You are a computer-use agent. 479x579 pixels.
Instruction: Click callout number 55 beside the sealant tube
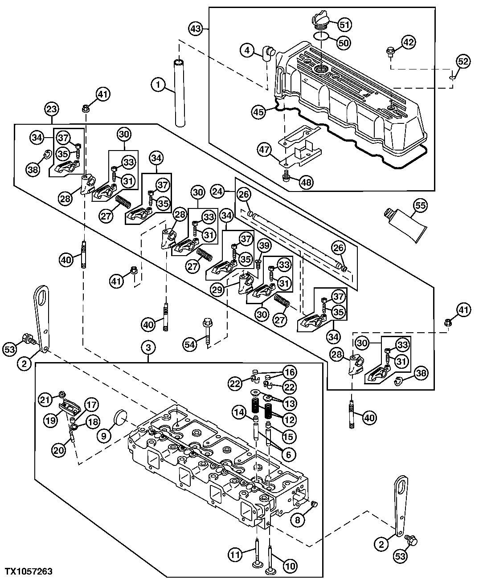pyautogui.click(x=419, y=206)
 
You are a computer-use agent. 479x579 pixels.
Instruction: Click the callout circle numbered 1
pyautogui.click(x=158, y=84)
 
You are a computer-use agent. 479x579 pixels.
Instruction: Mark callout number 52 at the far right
pyautogui.click(x=463, y=61)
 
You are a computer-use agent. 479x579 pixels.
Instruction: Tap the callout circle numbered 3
pyautogui.click(x=148, y=347)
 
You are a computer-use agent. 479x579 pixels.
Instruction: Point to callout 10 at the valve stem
pyautogui.click(x=290, y=566)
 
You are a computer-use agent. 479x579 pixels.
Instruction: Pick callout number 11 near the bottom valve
pyautogui.click(x=235, y=555)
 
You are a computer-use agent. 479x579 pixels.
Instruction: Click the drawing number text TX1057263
pyautogui.click(x=29, y=571)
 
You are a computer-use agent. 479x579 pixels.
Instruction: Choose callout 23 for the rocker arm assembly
pyautogui.click(x=52, y=109)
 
